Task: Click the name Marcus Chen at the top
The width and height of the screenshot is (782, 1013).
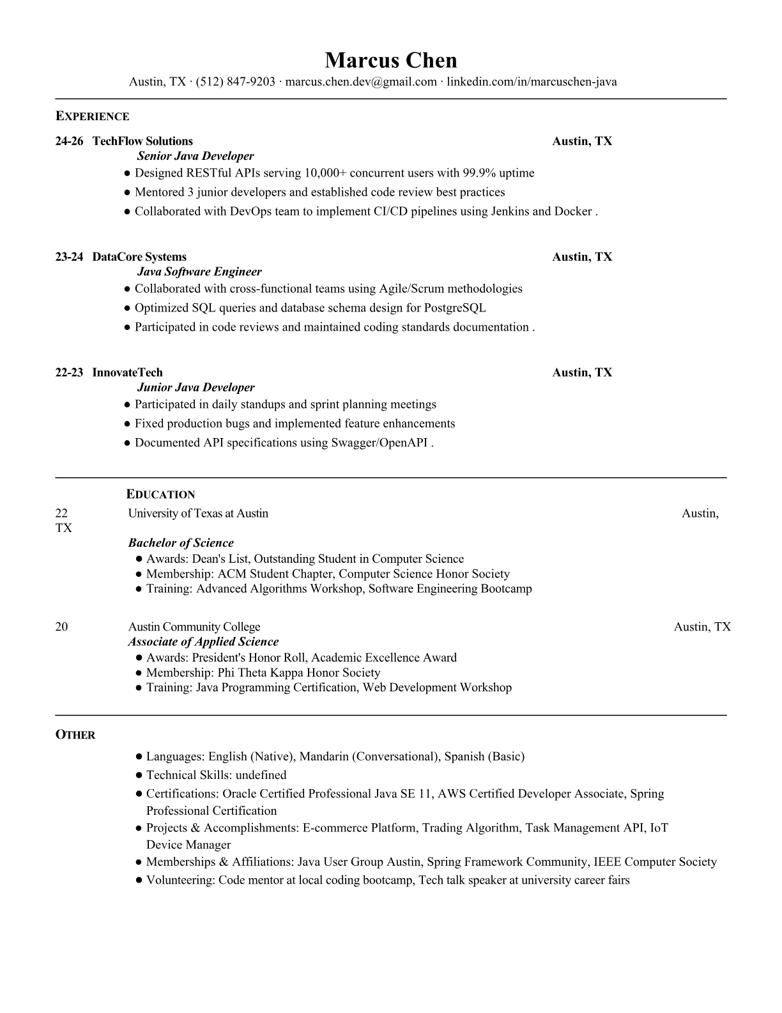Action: click(x=390, y=60)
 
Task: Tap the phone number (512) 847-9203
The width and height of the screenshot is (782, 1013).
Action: click(x=235, y=82)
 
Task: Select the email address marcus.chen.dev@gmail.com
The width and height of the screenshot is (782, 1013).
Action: click(x=361, y=82)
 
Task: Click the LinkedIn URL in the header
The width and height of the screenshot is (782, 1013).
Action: click(x=532, y=82)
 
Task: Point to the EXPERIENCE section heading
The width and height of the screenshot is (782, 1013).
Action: click(x=92, y=116)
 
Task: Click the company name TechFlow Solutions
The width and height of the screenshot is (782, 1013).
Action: click(x=142, y=141)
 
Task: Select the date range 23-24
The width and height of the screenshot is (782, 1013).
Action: click(x=69, y=257)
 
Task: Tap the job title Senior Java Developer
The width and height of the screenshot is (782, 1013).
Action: click(x=195, y=156)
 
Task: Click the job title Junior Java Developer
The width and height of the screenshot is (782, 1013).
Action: click(x=195, y=388)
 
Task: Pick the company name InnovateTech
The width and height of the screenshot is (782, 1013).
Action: click(x=127, y=373)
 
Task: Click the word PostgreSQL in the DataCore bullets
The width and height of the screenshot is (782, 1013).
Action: click(x=455, y=308)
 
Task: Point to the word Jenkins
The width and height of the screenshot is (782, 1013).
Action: click(x=510, y=211)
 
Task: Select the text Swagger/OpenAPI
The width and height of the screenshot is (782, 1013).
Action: click(x=379, y=443)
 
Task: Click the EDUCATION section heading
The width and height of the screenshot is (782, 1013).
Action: click(x=160, y=494)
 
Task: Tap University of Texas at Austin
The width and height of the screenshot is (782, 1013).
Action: click(x=198, y=514)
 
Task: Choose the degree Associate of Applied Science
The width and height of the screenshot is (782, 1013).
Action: click(x=203, y=642)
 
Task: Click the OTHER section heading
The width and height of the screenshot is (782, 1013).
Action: click(x=75, y=735)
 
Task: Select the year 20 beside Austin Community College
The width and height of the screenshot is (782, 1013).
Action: click(x=61, y=627)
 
